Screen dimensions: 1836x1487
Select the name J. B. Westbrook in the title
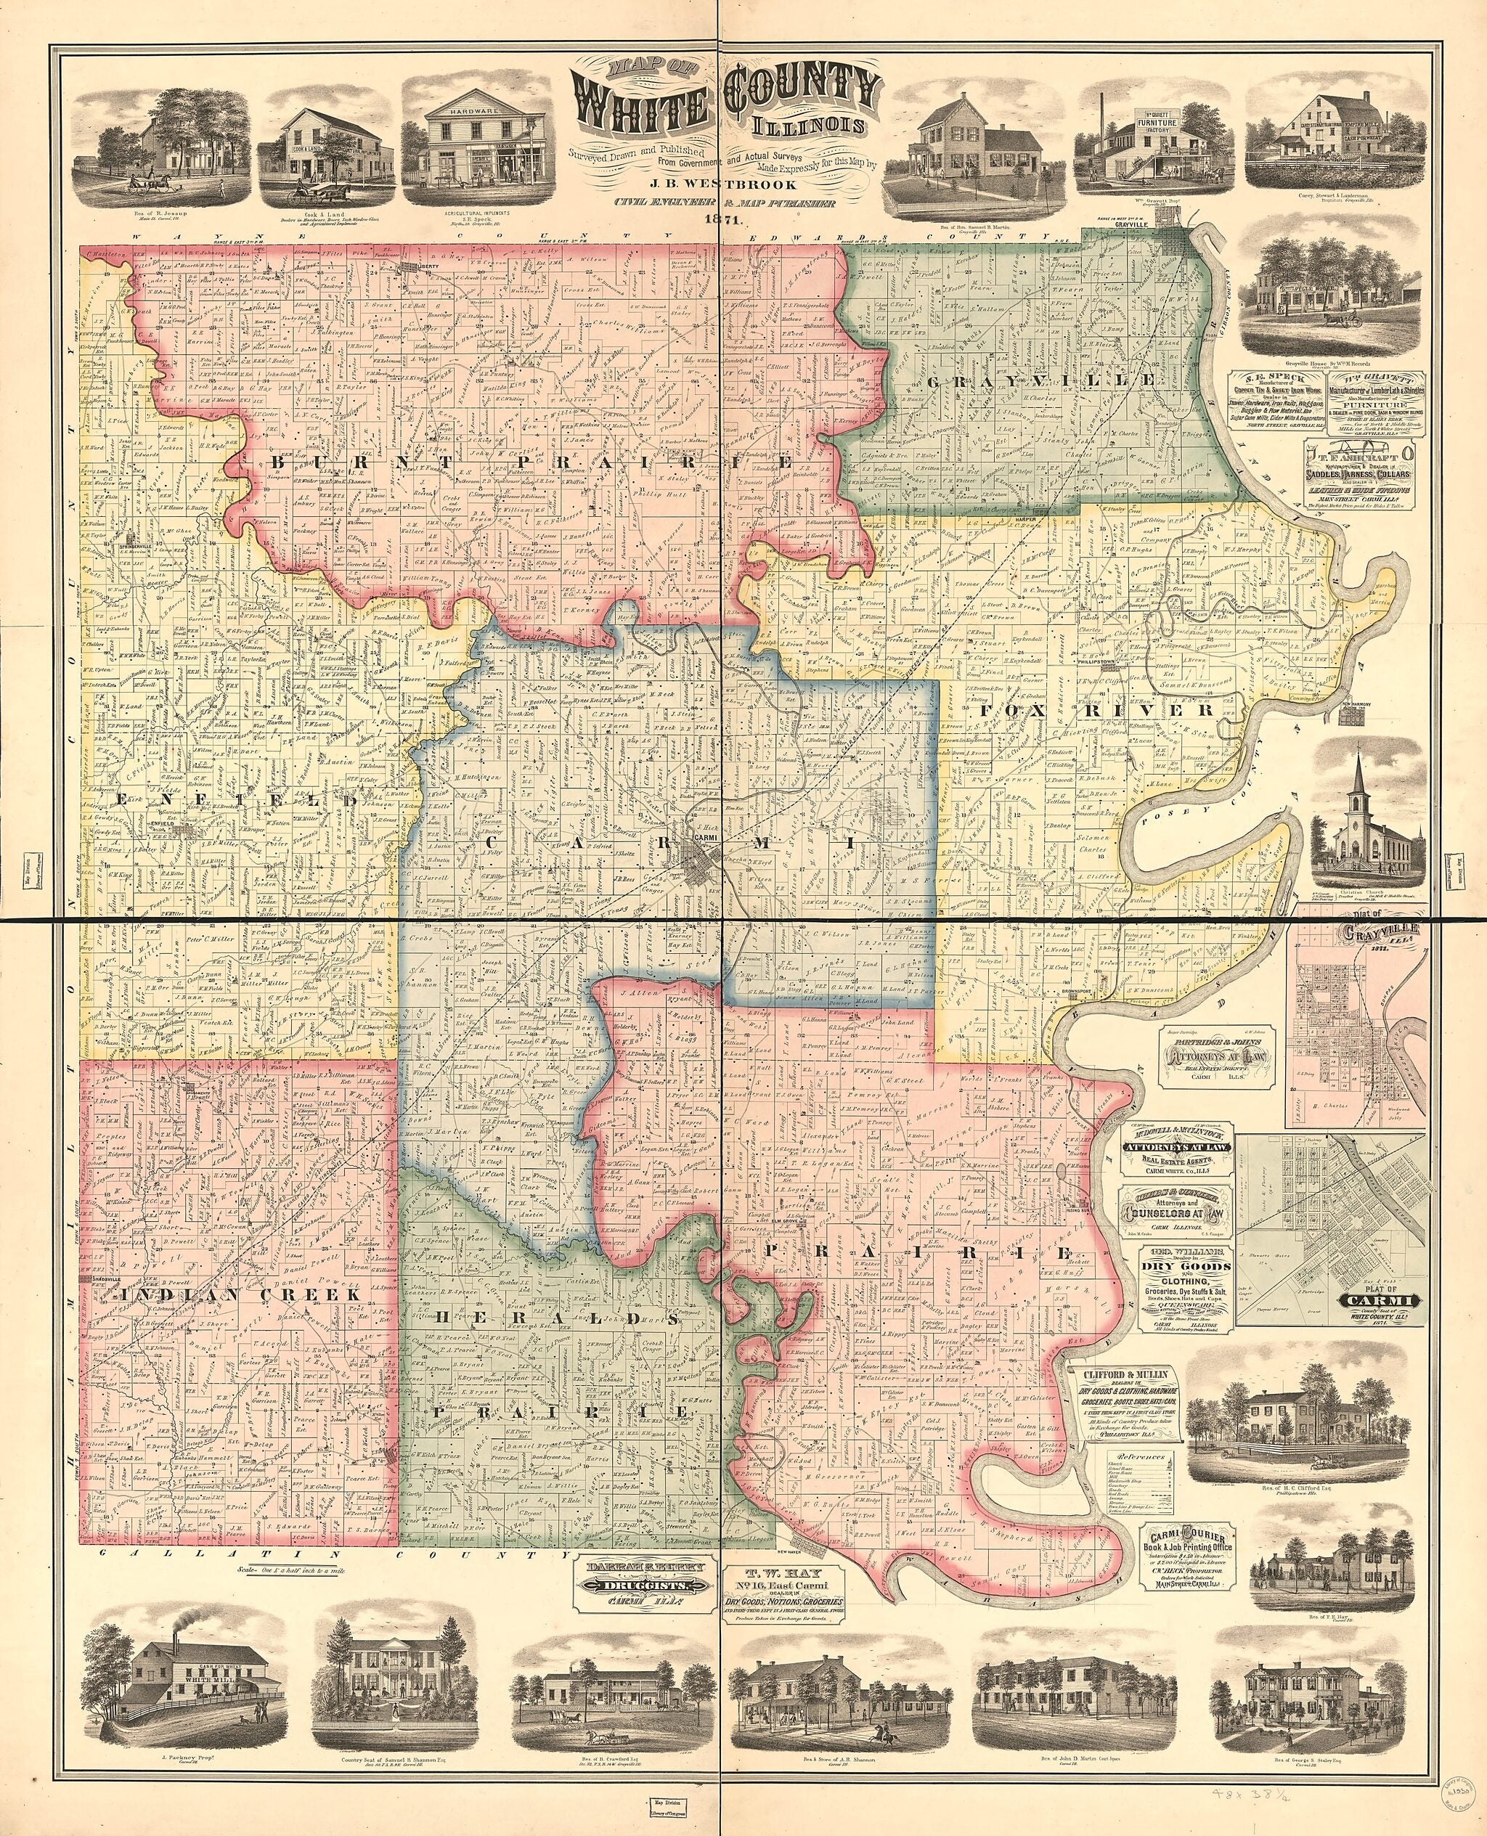point(722,182)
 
